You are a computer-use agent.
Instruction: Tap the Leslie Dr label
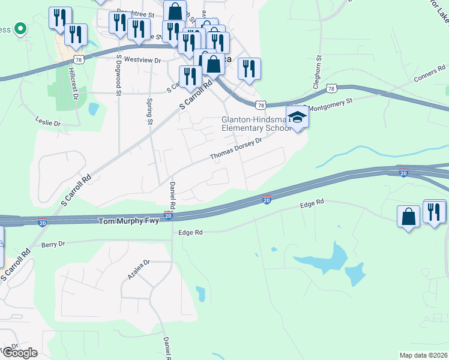point(49,123)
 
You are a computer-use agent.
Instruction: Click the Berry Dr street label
point(53,244)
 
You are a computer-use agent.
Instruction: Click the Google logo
point(19,353)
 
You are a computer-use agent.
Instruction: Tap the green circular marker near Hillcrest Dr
point(20,28)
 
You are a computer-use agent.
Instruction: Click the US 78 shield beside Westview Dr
point(78,59)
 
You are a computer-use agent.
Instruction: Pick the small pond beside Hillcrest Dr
point(94,109)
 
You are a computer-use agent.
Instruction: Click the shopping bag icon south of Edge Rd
point(409,217)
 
